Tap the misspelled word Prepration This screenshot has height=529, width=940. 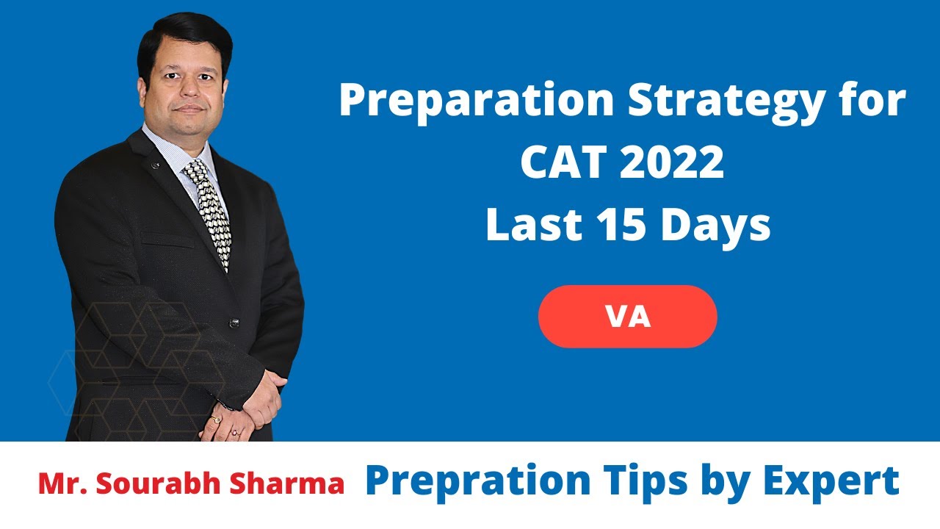click(477, 481)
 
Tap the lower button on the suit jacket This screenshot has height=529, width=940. click(234, 322)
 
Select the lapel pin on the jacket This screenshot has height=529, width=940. click(155, 165)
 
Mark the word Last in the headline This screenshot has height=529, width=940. click(527, 226)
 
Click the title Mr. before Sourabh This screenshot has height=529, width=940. click(61, 484)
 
